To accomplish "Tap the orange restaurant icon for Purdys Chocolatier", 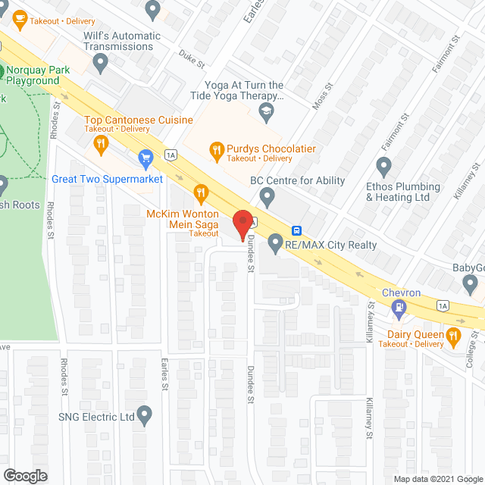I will pyautogui.click(x=216, y=150).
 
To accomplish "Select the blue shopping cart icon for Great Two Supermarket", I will pyautogui.click(x=146, y=158).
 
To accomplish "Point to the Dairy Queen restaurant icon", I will pyautogui.click(x=453, y=334).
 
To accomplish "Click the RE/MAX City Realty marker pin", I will pyautogui.click(x=274, y=244).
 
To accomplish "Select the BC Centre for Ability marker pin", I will pyautogui.click(x=267, y=197).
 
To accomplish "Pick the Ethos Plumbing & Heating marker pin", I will pyautogui.click(x=384, y=166).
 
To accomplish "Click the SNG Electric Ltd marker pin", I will pyautogui.click(x=145, y=416).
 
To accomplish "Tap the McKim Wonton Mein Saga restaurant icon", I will pyautogui.click(x=201, y=194).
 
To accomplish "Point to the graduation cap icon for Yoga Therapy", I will pyautogui.click(x=265, y=113).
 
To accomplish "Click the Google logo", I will pyautogui.click(x=24, y=475).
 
